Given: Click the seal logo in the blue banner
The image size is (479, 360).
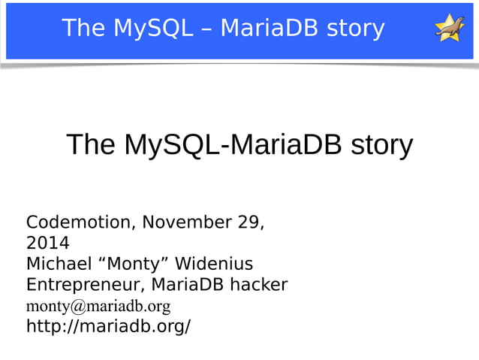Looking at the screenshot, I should click(449, 29).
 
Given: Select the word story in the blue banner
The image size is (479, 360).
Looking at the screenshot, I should click(355, 29).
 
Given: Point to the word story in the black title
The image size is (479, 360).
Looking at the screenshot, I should click(381, 144).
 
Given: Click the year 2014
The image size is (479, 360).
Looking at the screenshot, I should click(47, 244).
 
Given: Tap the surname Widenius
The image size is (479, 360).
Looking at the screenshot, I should click(218, 265).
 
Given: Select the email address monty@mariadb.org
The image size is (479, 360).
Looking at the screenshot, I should click(98, 307).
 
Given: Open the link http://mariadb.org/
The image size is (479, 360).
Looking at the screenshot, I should click(108, 327).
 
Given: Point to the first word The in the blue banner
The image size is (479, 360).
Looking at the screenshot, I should click(83, 29).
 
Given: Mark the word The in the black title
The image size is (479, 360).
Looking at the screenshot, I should click(91, 144).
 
